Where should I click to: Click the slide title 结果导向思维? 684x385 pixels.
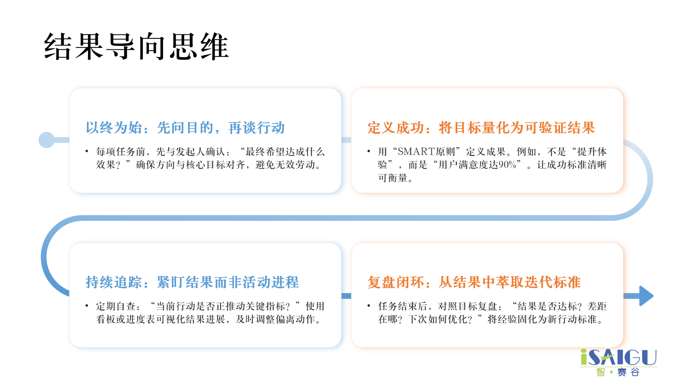136,46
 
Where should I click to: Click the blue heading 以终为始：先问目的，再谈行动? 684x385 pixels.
185,128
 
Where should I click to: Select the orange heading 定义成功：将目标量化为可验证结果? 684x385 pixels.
481,128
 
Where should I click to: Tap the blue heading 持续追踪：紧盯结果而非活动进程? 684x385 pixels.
192,282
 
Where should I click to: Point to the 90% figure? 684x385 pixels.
507,165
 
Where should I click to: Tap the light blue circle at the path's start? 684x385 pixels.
46,140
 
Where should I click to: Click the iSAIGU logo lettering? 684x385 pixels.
619,357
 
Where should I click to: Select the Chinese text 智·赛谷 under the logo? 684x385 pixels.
618,372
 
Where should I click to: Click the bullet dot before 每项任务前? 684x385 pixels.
87,151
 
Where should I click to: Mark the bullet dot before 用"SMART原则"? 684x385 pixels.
369,151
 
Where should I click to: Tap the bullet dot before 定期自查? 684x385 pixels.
87,306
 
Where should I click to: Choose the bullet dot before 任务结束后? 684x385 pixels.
369,306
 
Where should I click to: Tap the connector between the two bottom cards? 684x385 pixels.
346,296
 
